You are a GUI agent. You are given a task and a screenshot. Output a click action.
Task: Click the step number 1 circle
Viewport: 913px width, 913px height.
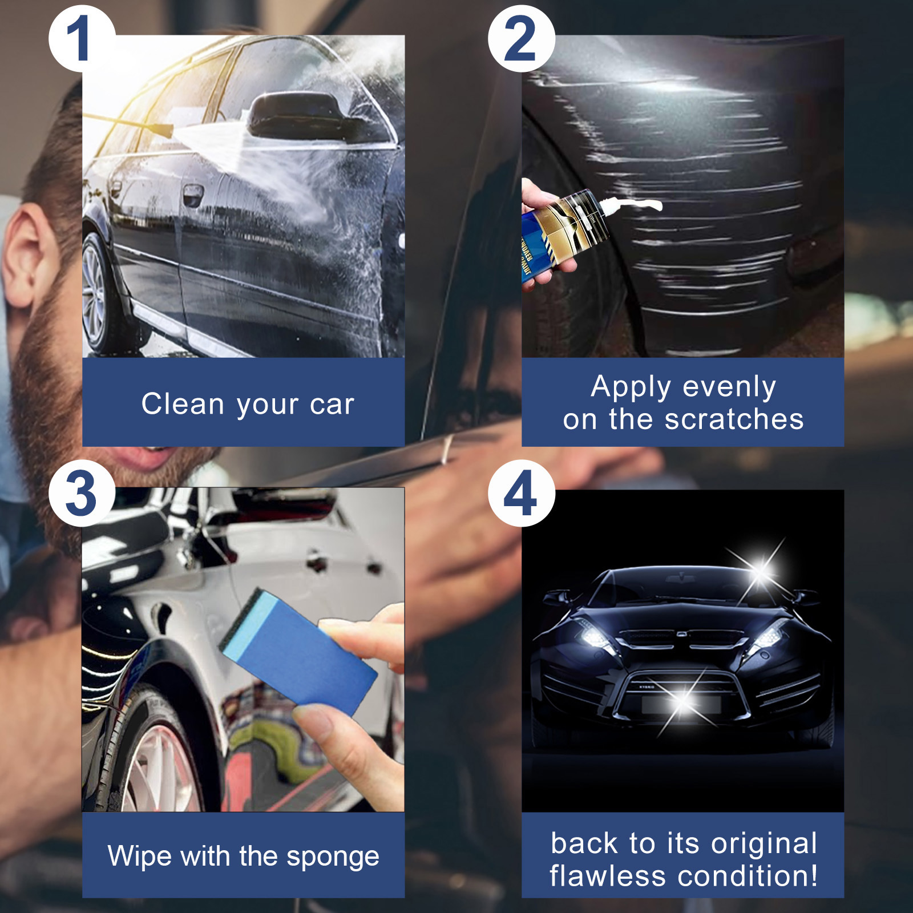click(80, 39)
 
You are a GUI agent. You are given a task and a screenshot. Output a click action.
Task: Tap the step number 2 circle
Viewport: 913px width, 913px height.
click(520, 39)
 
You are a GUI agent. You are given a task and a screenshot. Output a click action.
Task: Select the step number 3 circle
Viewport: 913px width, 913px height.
click(81, 493)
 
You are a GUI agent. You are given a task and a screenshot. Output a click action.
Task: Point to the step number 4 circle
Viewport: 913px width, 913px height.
click(520, 493)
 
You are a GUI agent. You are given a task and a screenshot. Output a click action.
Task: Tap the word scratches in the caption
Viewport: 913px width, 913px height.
click(734, 419)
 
